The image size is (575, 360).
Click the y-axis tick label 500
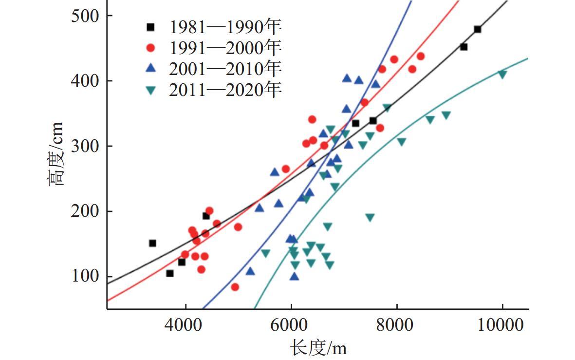coord(86,16)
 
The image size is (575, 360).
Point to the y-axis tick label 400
coord(86,81)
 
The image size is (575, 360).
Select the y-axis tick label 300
coord(86,146)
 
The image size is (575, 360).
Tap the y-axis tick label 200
coord(86,211)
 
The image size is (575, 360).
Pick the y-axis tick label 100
coord(86,277)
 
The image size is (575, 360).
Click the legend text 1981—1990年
coord(225,26)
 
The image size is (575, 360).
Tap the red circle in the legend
coord(151,48)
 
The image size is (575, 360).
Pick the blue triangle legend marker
coord(151,69)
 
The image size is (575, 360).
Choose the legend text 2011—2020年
coord(225,90)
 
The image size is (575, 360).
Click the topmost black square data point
coord(477,29)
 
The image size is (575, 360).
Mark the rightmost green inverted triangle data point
coord(502,74)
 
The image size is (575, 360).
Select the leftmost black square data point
coord(152,243)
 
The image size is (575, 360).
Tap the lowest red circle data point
coord(235,287)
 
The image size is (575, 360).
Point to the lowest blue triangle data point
coord(294,277)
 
